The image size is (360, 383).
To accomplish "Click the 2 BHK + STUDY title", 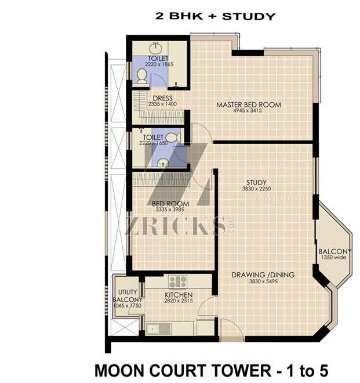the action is coord(215,16).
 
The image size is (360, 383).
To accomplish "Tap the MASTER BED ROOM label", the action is coord(249,105).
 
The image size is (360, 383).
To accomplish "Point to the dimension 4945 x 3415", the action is coord(248,111).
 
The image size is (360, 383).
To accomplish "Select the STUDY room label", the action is coord(256,182).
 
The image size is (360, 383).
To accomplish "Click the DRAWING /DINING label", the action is coord(263,275).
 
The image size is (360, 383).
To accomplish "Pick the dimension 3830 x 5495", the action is coord(263,281).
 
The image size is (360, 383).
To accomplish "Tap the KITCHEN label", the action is coord(179,295).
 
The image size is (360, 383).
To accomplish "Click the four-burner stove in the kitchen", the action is coord(178,281).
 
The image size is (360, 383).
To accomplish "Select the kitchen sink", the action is coord(159,329).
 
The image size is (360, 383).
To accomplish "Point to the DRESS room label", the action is coord(162,98).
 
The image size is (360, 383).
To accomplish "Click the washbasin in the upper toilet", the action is coord(155,48).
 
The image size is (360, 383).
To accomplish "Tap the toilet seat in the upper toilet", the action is coord(141,76).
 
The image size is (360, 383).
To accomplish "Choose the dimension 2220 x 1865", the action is coord(159,64).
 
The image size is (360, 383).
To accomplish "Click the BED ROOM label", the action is coord(170,204).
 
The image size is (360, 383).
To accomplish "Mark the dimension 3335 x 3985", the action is coord(170,209).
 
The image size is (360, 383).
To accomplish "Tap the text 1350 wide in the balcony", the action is coord(333,258).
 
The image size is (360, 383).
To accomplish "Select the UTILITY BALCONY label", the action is coord(128,296).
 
